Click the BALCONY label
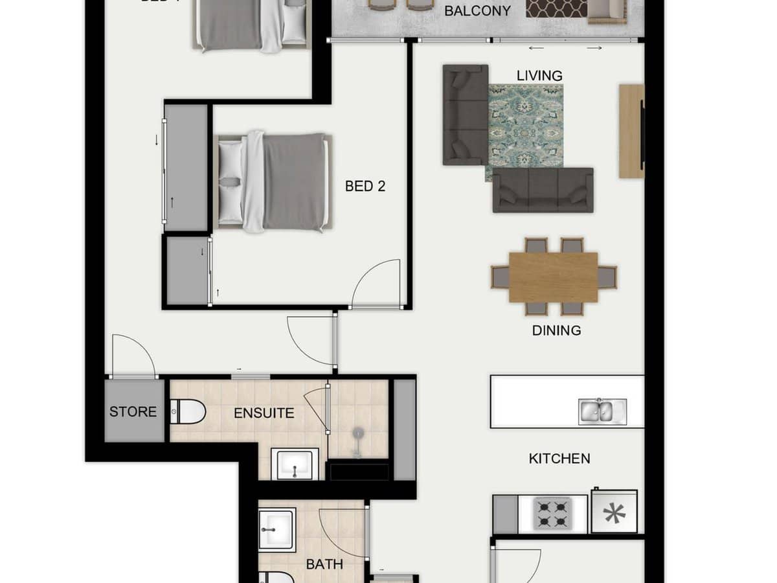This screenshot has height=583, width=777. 477,11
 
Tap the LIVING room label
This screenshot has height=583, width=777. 539,76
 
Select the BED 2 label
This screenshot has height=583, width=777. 365,187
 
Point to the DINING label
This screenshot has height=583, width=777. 556,330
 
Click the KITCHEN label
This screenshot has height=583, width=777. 559,459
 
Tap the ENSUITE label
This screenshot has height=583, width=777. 264,413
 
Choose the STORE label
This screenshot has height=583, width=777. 133,412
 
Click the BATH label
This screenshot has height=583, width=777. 324,565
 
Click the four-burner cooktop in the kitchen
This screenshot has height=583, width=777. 552,514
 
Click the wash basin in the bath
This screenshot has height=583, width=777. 276,529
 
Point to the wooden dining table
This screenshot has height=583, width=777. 554,277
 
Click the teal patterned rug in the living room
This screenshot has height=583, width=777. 524,130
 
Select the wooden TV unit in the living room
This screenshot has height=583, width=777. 631,131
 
